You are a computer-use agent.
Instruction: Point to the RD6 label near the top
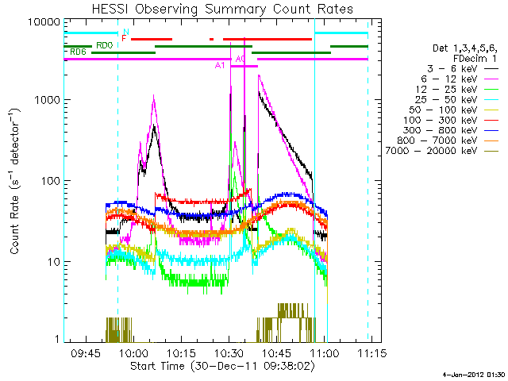click(78, 52)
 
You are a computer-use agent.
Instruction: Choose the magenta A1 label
click(221, 66)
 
